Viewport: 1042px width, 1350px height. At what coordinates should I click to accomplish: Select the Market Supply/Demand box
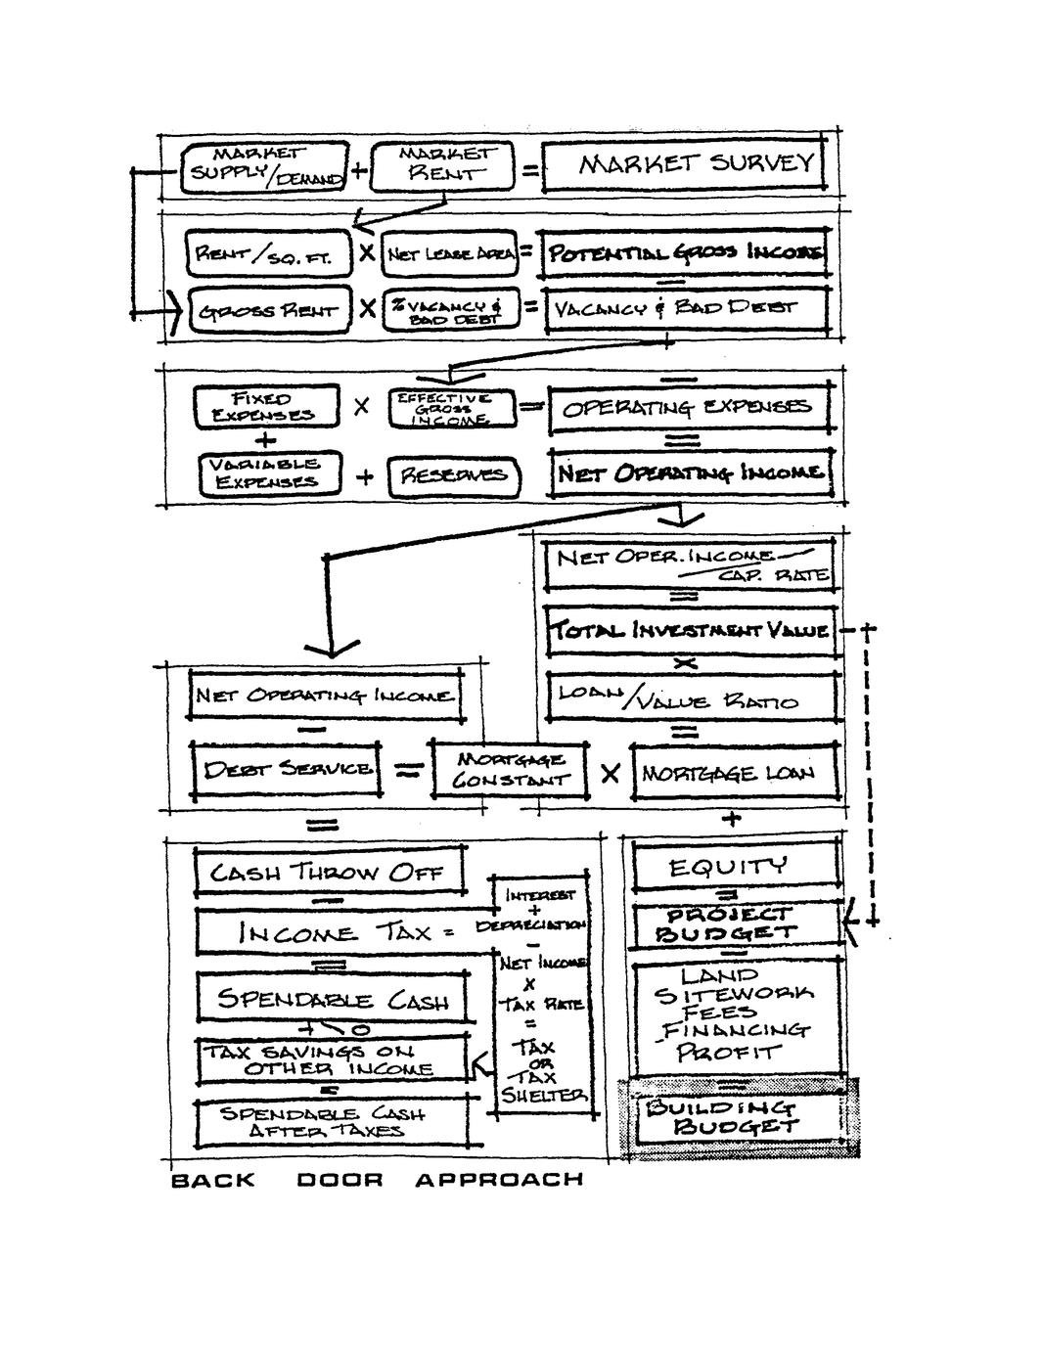(x=264, y=167)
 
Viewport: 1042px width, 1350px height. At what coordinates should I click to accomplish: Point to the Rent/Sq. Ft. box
(x=267, y=254)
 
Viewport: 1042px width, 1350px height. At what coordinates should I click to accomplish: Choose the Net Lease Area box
(x=445, y=254)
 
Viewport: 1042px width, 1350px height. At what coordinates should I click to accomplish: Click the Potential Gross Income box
(x=685, y=254)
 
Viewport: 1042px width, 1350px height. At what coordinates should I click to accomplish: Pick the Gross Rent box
(x=267, y=311)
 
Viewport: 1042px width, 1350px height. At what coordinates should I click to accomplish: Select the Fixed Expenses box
(x=266, y=406)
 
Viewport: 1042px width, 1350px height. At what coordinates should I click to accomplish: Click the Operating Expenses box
(x=690, y=408)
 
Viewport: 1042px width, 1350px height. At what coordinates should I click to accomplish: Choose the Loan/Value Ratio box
(x=690, y=698)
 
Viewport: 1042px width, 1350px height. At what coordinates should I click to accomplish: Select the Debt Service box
(x=287, y=769)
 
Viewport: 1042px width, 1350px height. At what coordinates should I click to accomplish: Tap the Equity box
(x=736, y=867)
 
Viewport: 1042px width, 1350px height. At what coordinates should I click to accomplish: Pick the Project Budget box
(x=736, y=923)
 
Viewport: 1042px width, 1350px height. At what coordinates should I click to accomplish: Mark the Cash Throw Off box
(x=330, y=872)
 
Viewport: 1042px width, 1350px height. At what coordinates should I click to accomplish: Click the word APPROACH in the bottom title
(x=498, y=1180)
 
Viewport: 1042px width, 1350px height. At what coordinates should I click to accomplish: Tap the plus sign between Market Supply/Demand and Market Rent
(x=359, y=170)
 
